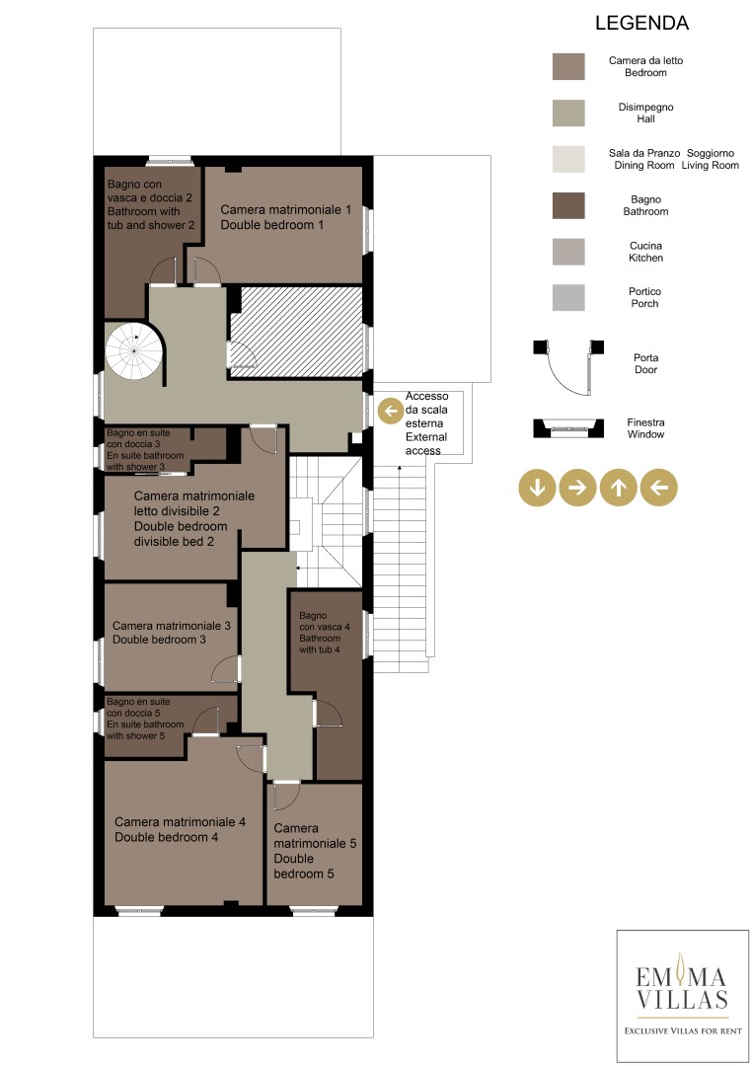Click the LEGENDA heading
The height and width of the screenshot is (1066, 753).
click(641, 23)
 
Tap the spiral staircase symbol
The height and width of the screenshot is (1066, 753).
click(134, 351)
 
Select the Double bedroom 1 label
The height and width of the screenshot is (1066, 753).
click(285, 217)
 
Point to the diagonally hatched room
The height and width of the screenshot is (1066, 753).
click(296, 331)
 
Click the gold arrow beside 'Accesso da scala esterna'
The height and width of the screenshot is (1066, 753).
click(390, 411)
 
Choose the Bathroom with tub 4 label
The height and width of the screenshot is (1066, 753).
click(324, 633)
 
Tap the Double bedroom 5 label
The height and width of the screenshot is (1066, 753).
click(315, 851)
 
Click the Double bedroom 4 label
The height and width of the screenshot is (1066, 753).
click(180, 829)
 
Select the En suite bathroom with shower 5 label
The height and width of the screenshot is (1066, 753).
click(145, 719)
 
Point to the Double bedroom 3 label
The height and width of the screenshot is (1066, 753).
click(172, 633)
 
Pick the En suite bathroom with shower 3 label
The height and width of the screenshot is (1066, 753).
click(145, 449)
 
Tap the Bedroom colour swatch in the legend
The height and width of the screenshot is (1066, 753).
click(568, 67)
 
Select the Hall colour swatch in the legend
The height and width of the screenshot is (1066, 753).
click(568, 113)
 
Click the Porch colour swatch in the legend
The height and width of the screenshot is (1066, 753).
click(568, 297)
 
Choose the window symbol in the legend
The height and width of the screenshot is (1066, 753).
click(568, 428)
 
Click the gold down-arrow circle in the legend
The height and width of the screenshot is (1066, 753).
click(537, 488)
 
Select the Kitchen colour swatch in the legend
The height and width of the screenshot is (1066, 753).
click(568, 252)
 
